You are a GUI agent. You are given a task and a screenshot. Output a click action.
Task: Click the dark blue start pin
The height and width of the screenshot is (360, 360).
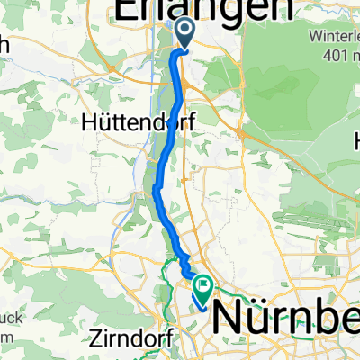pyautogui.click(x=184, y=34)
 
